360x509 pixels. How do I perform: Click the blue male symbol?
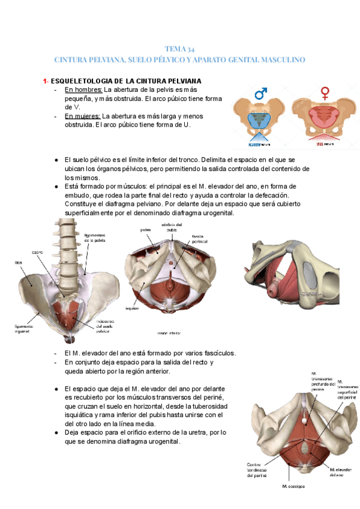(261, 93)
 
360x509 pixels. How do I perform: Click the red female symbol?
(325, 92)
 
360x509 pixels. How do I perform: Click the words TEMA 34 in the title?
(179, 49)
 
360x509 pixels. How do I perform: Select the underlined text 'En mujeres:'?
(83, 116)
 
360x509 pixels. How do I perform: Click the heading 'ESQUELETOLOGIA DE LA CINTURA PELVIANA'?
(126, 81)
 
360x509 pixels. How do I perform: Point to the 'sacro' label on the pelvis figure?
(37, 252)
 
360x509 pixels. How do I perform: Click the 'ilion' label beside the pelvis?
(19, 263)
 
